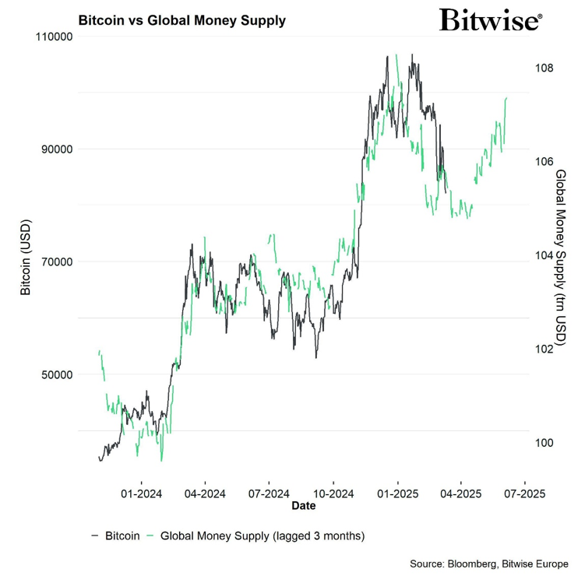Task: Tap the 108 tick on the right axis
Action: [544, 68]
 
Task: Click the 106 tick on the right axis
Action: [544, 161]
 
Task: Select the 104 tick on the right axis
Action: [544, 255]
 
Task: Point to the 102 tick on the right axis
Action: [544, 349]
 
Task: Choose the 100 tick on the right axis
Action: [544, 443]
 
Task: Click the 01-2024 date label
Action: [140, 493]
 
